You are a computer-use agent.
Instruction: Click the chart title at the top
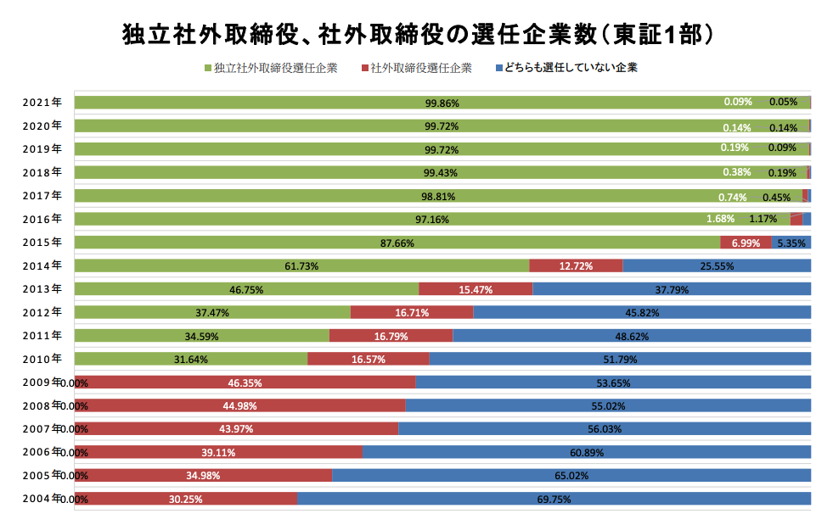pos(418,35)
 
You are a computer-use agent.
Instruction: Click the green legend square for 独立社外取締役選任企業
pos(208,68)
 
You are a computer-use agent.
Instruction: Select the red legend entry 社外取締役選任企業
pos(416,68)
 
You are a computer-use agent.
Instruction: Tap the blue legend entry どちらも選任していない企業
pos(566,68)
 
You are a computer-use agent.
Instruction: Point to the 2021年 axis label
pos(42,103)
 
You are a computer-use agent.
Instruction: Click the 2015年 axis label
pos(42,243)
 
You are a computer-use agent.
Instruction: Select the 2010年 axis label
pos(42,360)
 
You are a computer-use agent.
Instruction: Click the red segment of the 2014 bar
pos(576,265)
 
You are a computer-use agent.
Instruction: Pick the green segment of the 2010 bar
pos(191,359)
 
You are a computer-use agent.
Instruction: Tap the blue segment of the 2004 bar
pos(554,499)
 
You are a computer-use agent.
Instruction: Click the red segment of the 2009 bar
pos(245,383)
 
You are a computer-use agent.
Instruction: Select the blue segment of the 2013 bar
pos(672,288)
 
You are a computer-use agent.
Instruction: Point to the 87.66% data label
pos(397,243)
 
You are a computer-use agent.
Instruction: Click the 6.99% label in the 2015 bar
pos(746,243)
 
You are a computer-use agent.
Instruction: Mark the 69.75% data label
pos(554,500)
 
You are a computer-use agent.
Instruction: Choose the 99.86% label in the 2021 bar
pos(442,103)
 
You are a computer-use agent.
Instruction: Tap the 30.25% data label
pos(185,500)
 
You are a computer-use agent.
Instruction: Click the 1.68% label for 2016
pos(720,219)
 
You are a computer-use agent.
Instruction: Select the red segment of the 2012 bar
pos(412,312)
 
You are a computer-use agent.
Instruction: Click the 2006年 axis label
pos(42,452)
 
